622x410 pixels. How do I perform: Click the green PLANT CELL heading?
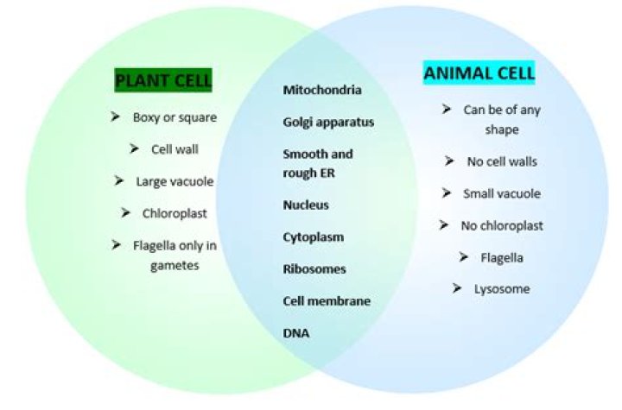tap(163, 81)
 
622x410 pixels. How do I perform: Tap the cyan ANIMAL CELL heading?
tap(479, 73)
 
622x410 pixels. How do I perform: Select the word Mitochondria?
tap(322, 90)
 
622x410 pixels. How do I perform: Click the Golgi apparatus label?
tap(328, 122)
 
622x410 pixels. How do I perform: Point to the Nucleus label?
tap(306, 205)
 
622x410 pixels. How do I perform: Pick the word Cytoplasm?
tap(314, 237)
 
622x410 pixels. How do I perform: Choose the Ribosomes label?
tap(314, 269)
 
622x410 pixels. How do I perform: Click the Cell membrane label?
tap(327, 301)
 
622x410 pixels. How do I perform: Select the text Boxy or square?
tap(175, 117)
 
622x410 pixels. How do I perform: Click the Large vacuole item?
tap(175, 181)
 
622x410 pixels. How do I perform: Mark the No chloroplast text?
tap(500, 225)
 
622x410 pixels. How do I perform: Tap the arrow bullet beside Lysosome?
tap(457, 288)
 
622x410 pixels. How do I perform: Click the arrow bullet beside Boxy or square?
tap(116, 117)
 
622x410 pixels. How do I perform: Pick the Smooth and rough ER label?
tap(318, 162)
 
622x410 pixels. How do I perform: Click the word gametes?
tap(175, 265)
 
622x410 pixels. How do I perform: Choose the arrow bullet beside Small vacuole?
tap(447, 192)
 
